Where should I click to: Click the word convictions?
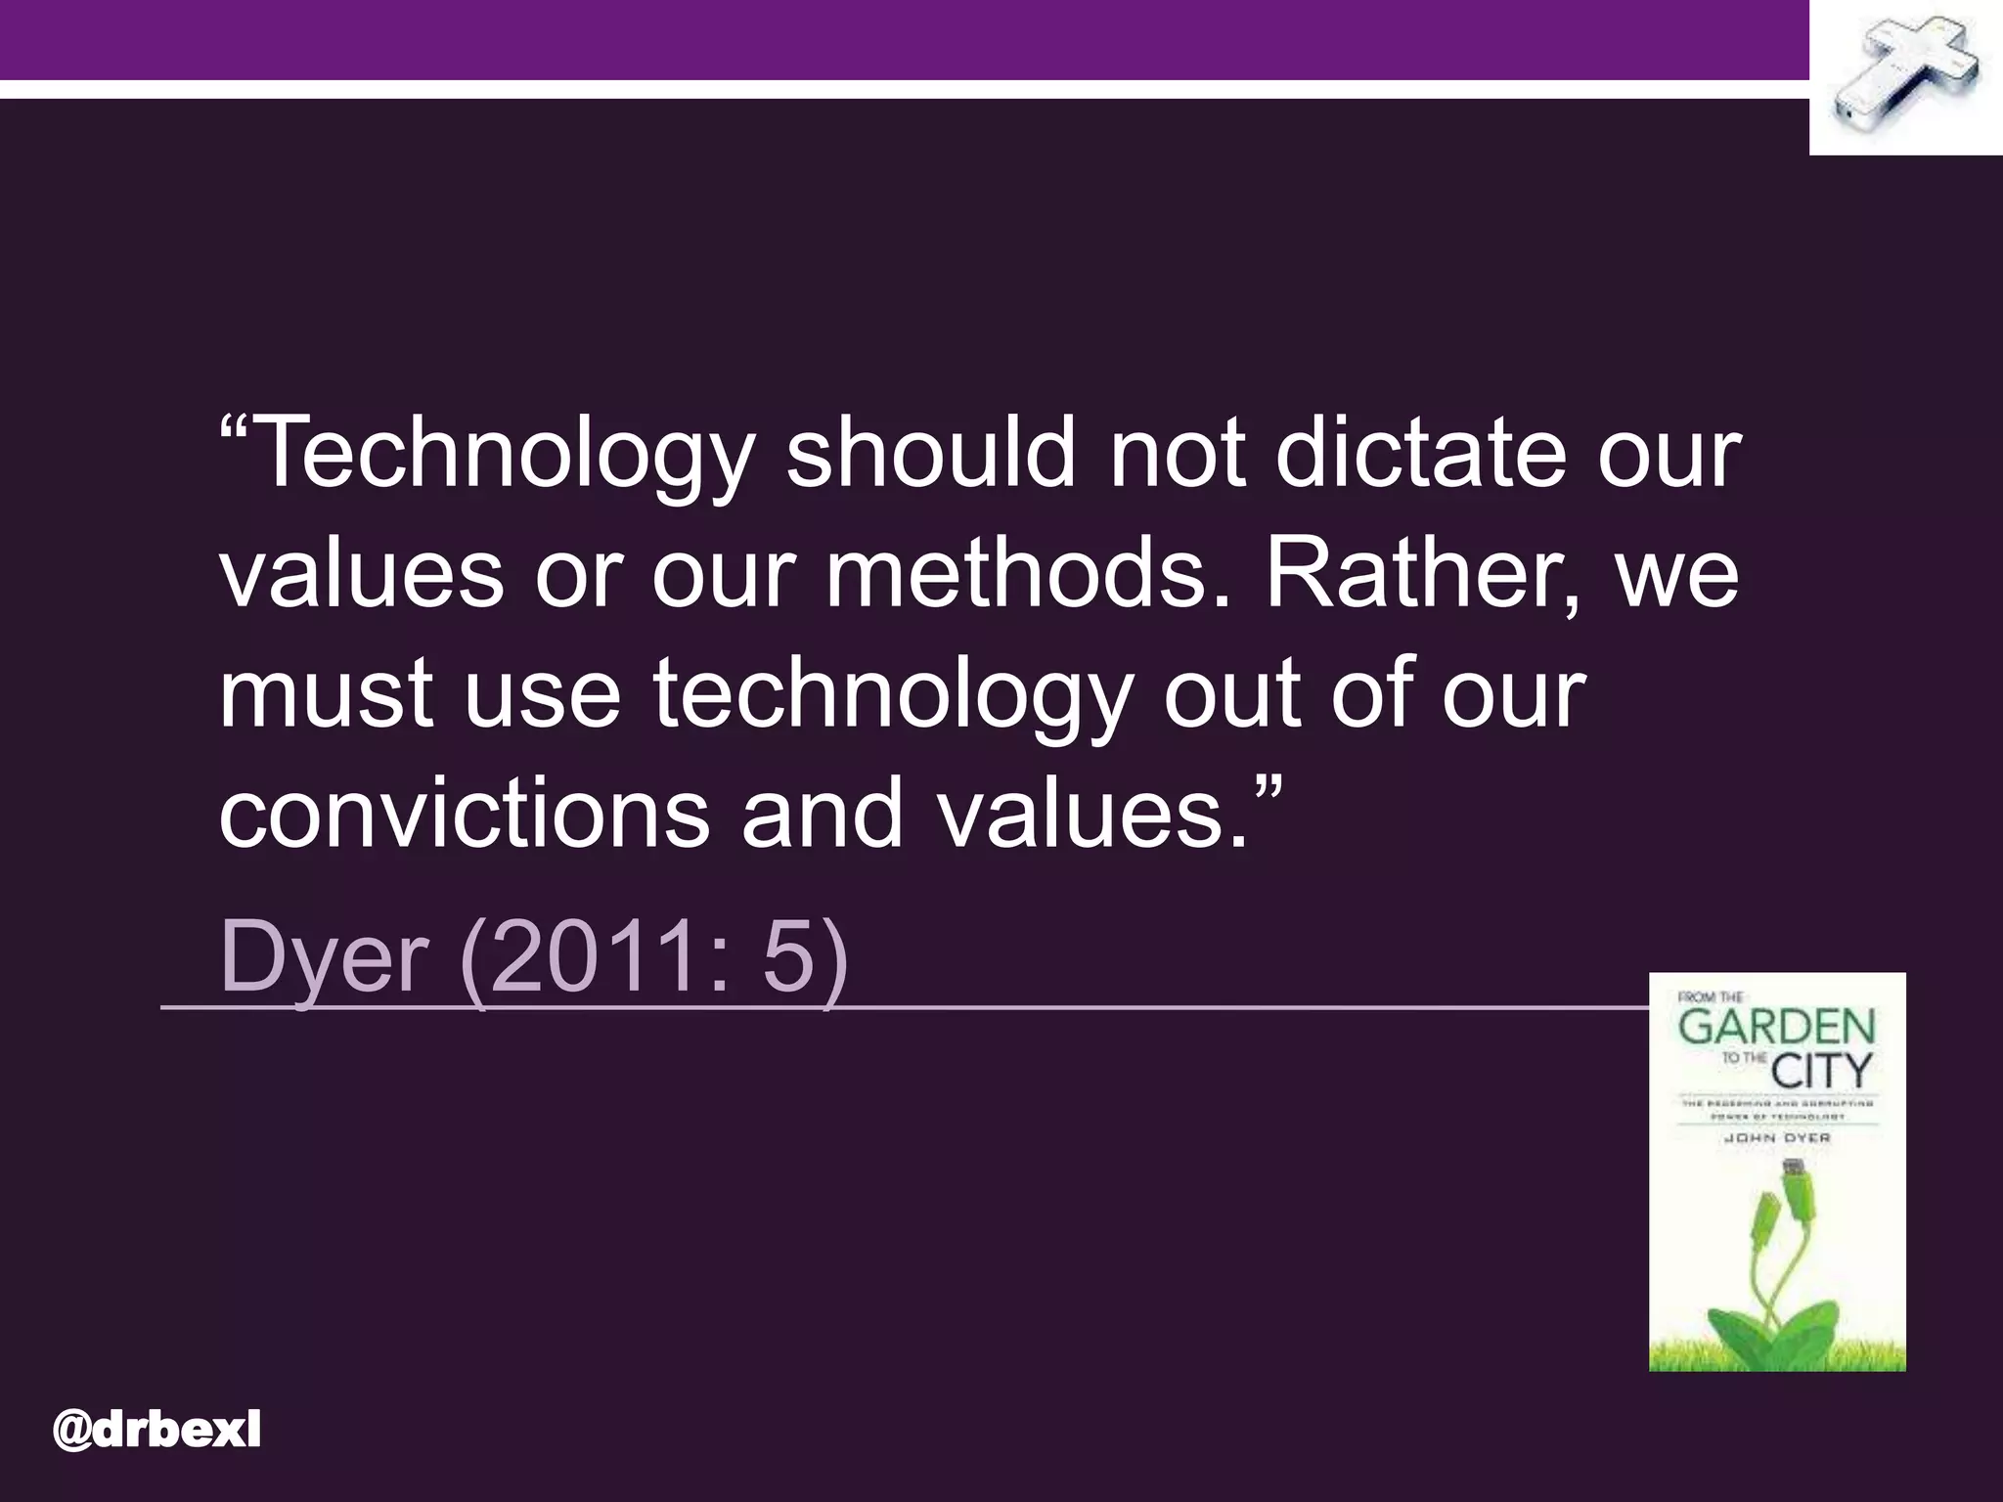click(x=464, y=814)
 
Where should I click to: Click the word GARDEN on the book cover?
click(x=1777, y=1028)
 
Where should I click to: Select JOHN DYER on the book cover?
click(x=1777, y=1138)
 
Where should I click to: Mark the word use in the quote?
click(x=542, y=694)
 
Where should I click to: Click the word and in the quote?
click(x=822, y=814)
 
